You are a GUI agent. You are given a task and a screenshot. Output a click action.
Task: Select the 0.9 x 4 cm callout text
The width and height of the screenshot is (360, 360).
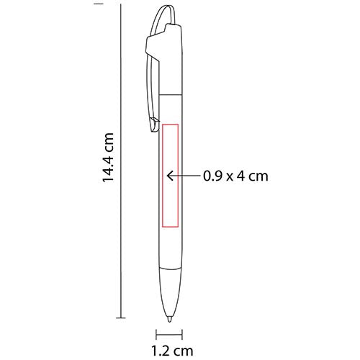coord(236,174)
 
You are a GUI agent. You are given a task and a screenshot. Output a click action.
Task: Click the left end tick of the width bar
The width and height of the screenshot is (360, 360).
coord(156,333)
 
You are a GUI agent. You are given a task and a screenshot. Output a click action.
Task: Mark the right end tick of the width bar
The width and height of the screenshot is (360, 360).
coord(181,333)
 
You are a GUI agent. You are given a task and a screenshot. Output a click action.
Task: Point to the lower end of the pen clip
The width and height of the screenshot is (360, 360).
coord(153,130)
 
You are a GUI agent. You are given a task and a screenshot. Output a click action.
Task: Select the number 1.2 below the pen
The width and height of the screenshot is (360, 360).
coord(160,351)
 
